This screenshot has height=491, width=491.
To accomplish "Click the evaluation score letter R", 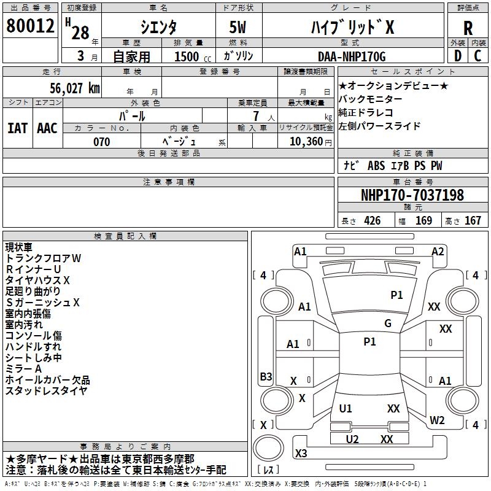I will [x=468, y=28].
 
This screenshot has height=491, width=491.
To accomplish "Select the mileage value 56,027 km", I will [x=68, y=88].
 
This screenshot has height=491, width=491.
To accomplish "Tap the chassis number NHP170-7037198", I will [x=412, y=195].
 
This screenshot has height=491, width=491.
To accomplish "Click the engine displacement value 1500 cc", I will [x=188, y=56].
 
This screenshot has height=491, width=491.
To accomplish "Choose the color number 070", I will [x=101, y=142].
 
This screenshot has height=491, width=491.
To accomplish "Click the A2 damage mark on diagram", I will [x=438, y=251].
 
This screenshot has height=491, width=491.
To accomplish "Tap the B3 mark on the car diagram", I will [x=266, y=376].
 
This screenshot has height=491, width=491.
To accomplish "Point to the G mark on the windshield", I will [x=388, y=323].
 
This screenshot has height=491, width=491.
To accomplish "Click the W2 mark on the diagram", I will [x=437, y=420].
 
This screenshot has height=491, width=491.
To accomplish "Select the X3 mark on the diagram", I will [x=301, y=454].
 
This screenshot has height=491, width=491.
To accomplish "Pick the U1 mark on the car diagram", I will [x=346, y=408].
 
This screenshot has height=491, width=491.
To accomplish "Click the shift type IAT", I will [x=18, y=128].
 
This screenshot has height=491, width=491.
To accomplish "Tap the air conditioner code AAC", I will [x=47, y=128].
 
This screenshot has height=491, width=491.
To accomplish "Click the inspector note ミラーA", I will [x=23, y=368].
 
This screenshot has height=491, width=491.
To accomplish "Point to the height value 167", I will [x=473, y=221].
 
